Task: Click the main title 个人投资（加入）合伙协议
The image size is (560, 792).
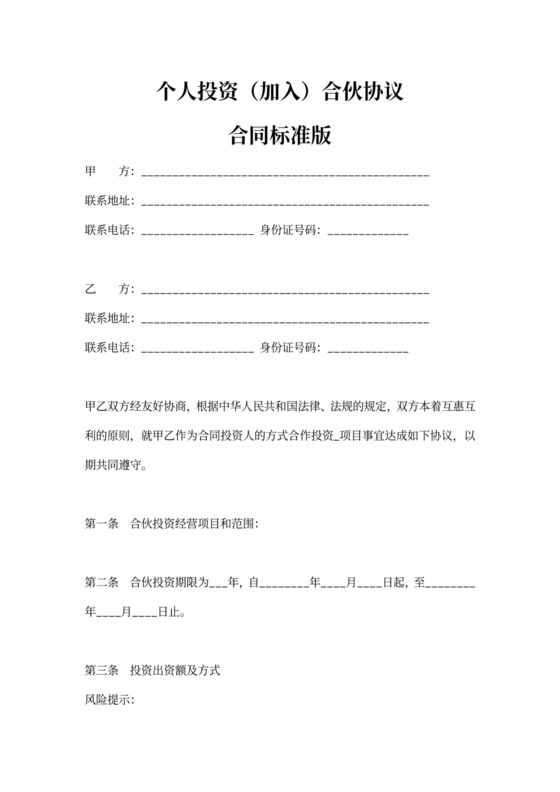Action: [279, 95]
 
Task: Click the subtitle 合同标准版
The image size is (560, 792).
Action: [279, 134]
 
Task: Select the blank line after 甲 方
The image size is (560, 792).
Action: [286, 174]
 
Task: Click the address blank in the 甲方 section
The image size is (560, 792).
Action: [286, 203]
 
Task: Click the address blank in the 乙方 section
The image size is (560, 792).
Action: [286, 320]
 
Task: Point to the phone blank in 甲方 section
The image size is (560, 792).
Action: [198, 232]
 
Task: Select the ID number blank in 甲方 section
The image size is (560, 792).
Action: [367, 232]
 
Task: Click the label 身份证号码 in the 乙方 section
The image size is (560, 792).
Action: [289, 348]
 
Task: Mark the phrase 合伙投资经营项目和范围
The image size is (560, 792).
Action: [194, 523]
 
